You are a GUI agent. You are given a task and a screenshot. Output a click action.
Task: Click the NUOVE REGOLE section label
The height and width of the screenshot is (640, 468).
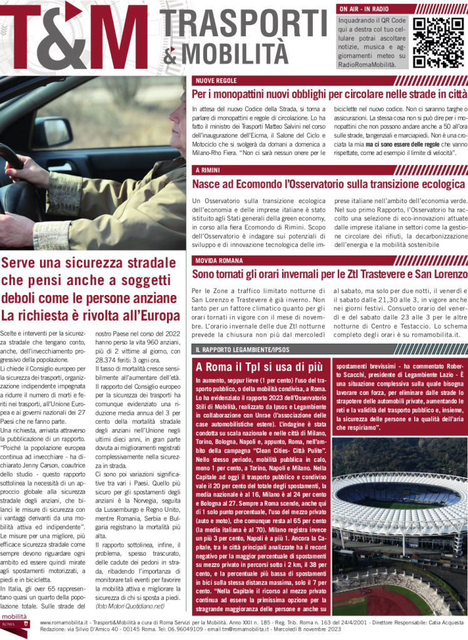click(213, 81)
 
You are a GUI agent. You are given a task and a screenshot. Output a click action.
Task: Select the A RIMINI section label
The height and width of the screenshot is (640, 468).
click(207, 170)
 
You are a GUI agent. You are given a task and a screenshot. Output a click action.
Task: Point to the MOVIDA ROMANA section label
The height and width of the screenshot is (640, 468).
click(218, 260)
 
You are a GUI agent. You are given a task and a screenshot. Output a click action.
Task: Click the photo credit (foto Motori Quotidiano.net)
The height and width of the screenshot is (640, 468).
click(130, 606)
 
